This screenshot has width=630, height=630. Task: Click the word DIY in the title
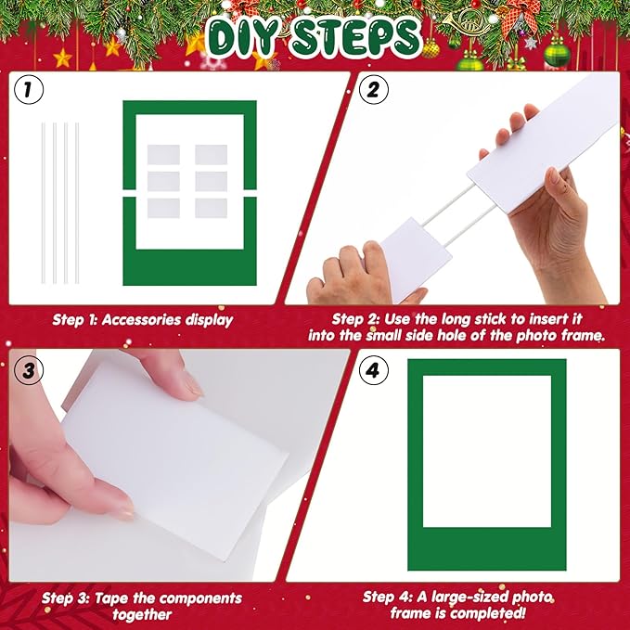[243, 37]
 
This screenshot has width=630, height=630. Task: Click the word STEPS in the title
[356, 37]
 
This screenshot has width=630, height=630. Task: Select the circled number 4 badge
[372, 371]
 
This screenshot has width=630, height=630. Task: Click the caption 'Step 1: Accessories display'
[142, 320]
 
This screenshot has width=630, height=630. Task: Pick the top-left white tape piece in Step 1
[163, 155]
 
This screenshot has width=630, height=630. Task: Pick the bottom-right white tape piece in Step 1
[211, 208]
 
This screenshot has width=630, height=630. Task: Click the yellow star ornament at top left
[62, 58]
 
